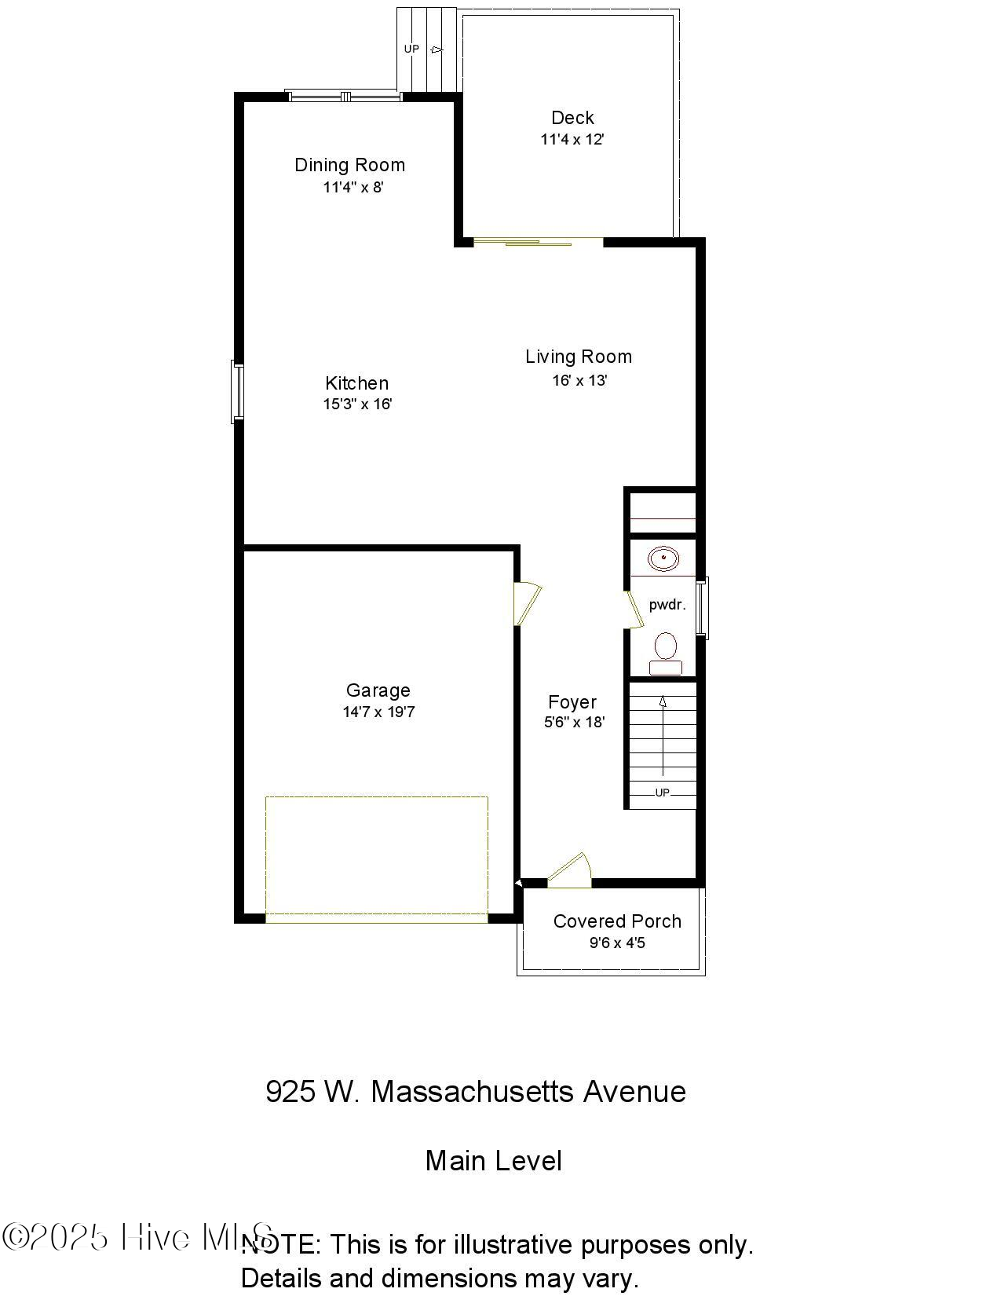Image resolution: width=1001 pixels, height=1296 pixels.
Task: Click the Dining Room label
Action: [349, 165]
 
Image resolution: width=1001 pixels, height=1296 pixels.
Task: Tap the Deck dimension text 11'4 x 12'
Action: [572, 140]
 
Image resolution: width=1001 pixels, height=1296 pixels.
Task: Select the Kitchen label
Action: [356, 383]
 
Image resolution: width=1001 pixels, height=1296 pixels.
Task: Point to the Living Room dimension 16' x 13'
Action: [579, 381]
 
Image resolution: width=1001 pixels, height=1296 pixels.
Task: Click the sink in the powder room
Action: [663, 559]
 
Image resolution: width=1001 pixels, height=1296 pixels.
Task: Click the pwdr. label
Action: [667, 605]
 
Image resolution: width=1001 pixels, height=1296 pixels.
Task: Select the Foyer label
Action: [572, 702]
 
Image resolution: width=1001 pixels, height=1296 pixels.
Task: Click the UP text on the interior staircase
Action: [663, 793]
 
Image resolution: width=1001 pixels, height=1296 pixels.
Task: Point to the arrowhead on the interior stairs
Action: [663, 701]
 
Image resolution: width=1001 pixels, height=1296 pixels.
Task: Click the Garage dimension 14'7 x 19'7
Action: [378, 712]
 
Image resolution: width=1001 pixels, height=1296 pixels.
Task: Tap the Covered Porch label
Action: [617, 921]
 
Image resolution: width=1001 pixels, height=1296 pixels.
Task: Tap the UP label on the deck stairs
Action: [411, 49]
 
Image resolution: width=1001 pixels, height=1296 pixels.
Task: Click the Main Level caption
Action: [493, 1161]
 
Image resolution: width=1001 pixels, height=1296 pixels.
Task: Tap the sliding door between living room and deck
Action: [539, 241]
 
